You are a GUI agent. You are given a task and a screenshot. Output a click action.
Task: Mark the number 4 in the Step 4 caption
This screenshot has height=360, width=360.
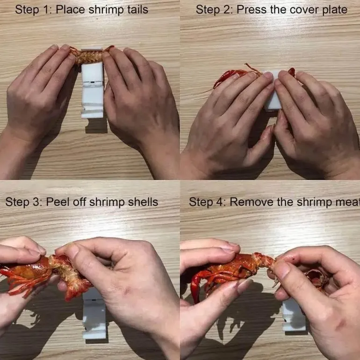pyautogui.click(x=219, y=202)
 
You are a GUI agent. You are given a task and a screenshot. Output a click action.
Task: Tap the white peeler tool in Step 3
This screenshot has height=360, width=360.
pyautogui.click(x=94, y=314)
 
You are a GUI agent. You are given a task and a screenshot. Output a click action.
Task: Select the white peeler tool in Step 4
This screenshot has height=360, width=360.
pyautogui.click(x=294, y=315)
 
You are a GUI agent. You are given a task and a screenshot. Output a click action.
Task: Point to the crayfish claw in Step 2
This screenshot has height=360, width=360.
pyautogui.click(x=226, y=78)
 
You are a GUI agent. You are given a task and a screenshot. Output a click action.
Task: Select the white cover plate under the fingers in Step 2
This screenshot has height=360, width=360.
pyautogui.click(x=273, y=92)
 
